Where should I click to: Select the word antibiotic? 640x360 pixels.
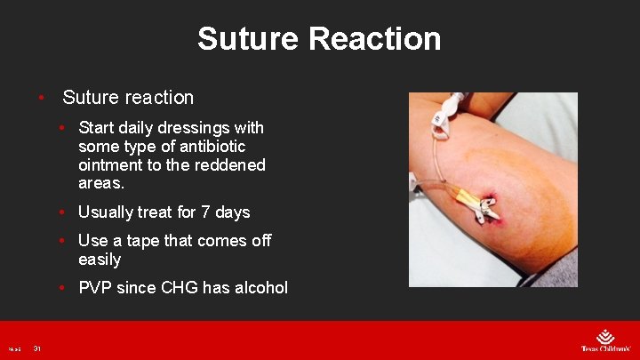pyautogui.click(x=210, y=147)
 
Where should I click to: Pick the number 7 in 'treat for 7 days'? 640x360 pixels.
pyautogui.click(x=204, y=212)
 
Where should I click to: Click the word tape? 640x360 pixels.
pyautogui.click(x=162, y=241)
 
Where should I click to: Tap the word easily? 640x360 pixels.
pyautogui.click(x=100, y=260)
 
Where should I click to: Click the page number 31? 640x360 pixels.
pyautogui.click(x=37, y=348)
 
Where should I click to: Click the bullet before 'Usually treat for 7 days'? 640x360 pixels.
pyautogui.click(x=61, y=212)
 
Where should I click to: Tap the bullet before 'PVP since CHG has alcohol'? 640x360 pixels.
pyautogui.click(x=61, y=288)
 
